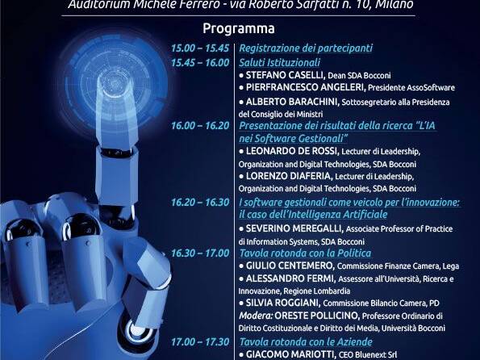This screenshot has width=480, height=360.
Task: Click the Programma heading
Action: (x=239, y=29)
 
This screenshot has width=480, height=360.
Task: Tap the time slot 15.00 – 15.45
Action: (x=200, y=48)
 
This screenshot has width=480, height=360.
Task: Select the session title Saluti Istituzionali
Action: (x=279, y=62)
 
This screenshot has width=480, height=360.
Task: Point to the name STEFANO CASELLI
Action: (x=285, y=75)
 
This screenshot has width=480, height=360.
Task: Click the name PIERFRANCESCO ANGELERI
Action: (x=306, y=88)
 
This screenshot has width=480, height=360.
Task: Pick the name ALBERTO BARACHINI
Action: (x=292, y=102)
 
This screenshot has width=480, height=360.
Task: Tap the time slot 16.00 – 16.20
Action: (x=200, y=126)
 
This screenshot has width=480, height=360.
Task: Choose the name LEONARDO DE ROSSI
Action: (x=292, y=151)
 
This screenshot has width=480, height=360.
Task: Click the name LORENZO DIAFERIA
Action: (x=289, y=176)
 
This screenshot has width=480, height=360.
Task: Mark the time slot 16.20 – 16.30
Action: (x=200, y=203)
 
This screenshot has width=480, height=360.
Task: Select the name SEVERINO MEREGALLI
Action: (x=294, y=228)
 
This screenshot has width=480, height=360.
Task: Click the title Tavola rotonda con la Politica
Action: (x=305, y=253)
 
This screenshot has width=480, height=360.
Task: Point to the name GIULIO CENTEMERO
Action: (x=290, y=266)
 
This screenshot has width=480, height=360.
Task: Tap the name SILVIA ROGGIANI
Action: (x=283, y=303)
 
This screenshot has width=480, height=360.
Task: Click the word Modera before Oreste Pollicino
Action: (x=256, y=316)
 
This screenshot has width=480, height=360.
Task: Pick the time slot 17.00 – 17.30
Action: (x=200, y=342)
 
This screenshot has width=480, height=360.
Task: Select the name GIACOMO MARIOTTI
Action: (x=290, y=354)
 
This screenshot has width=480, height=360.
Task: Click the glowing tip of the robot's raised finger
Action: (x=115, y=83)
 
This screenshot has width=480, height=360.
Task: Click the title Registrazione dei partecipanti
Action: (x=306, y=48)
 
